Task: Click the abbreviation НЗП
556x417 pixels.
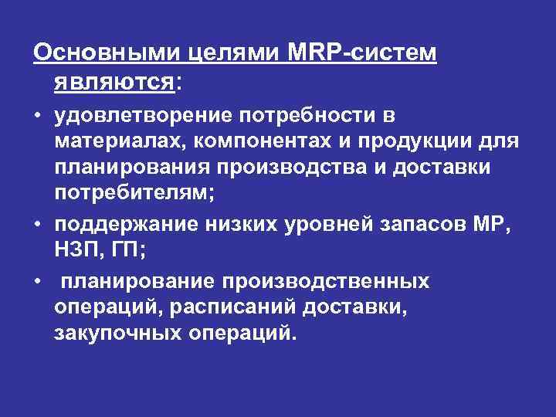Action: [74, 253]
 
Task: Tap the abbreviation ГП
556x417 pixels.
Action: [117, 253]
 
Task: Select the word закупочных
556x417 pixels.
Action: [116, 334]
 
